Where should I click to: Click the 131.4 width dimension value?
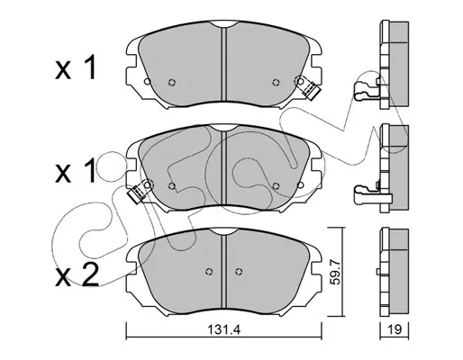(224, 330)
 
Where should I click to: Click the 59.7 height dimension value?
(335, 272)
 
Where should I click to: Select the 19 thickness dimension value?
(395, 330)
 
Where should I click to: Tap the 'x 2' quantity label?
(77, 275)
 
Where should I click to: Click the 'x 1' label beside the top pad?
(76, 68)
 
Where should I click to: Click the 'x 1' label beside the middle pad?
(76, 171)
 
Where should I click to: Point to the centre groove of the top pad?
(223, 64)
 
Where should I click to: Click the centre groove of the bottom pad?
(223, 272)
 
